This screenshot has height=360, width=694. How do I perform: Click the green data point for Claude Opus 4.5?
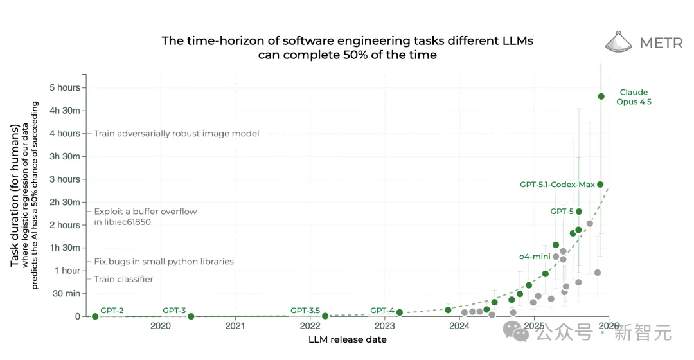(601, 96)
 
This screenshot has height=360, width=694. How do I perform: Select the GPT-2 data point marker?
(95, 316)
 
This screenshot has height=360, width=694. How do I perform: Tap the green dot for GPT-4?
(400, 312)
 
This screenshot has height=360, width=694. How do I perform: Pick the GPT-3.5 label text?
(305, 310)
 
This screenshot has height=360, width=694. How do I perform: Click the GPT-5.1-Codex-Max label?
(557, 184)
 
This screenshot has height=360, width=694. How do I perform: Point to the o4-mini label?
(535, 256)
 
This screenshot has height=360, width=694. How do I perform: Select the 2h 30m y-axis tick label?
(65, 203)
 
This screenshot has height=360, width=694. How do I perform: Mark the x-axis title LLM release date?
(348, 339)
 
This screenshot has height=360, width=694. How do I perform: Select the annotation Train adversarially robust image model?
(177, 134)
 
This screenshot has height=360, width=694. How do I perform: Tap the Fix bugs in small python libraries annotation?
(164, 262)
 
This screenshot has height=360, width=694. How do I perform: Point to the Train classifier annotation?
(123, 279)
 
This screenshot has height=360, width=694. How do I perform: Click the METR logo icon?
(619, 42)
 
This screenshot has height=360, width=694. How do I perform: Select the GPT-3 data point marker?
(191, 316)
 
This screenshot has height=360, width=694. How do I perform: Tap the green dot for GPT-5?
(578, 212)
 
